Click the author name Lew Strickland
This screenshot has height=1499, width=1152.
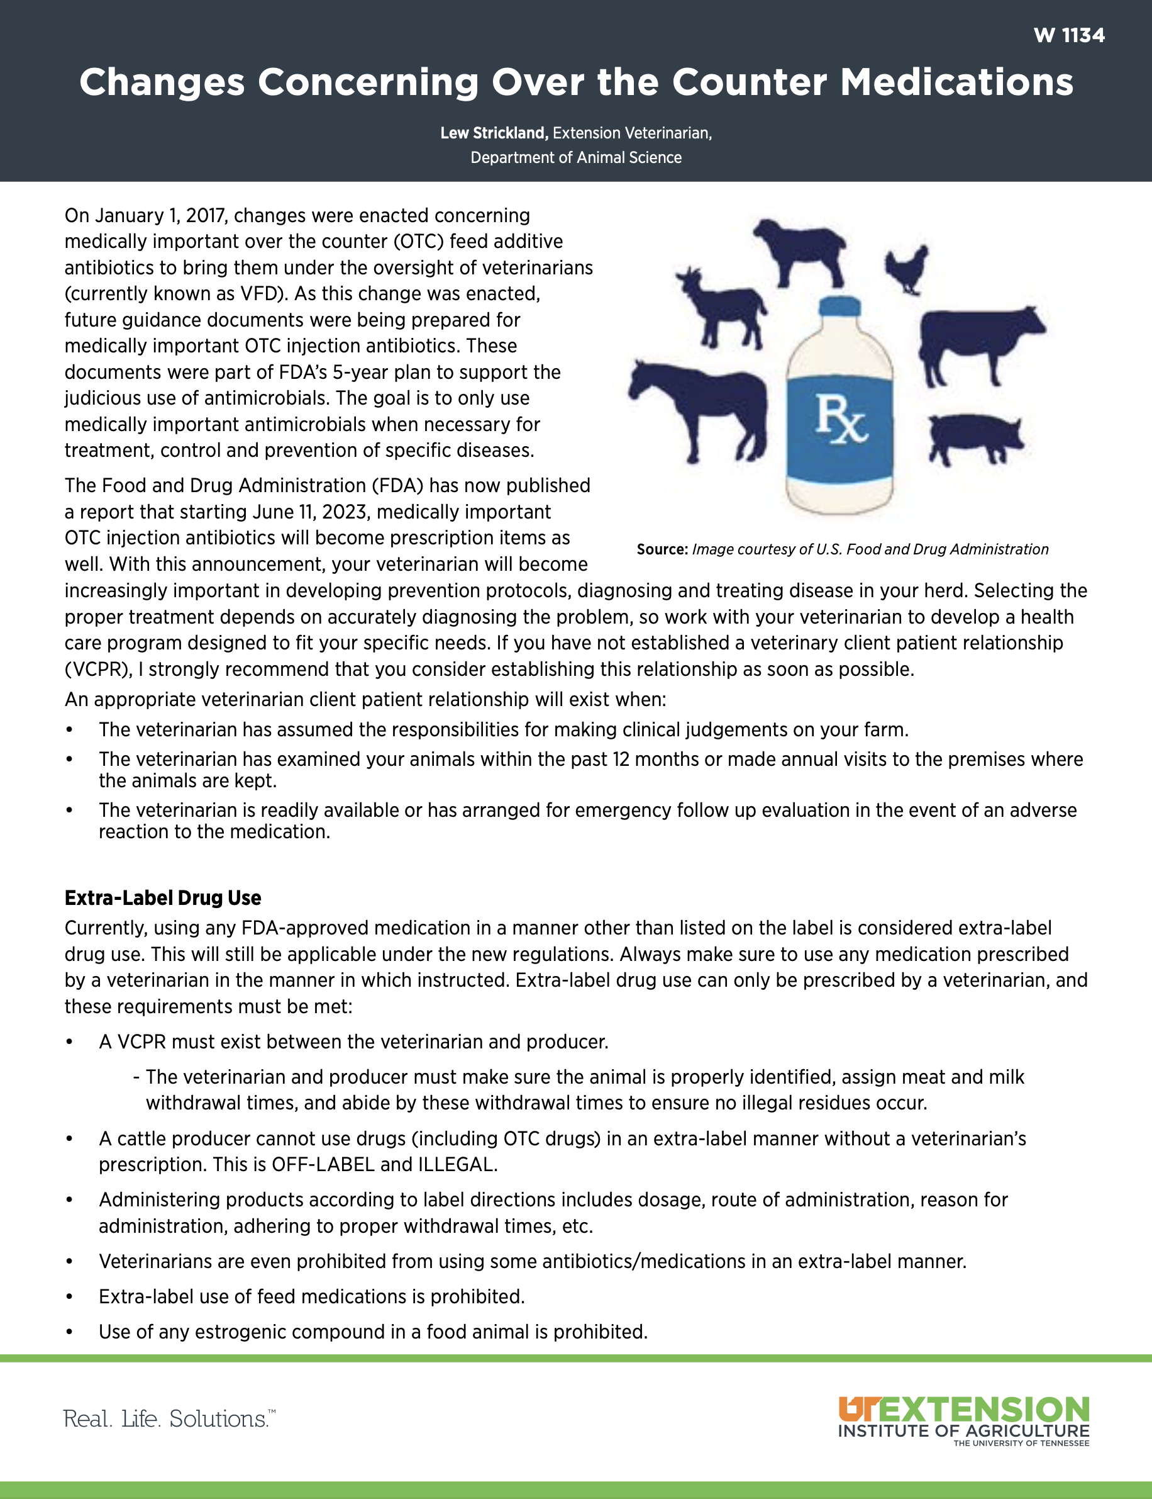coord(494,133)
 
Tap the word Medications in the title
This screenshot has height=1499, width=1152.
coord(956,82)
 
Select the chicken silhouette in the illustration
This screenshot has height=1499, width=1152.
coord(907,269)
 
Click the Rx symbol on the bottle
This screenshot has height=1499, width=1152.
coord(841,418)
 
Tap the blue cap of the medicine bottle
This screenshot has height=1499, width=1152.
coord(840,307)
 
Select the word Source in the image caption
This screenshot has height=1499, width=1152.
coord(662,549)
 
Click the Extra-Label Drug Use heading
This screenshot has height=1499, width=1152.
coord(162,898)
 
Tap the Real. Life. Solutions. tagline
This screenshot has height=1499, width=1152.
coord(169,1418)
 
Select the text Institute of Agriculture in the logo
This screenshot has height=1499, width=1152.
coord(963,1431)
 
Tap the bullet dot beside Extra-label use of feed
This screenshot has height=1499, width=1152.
coord(69,1296)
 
